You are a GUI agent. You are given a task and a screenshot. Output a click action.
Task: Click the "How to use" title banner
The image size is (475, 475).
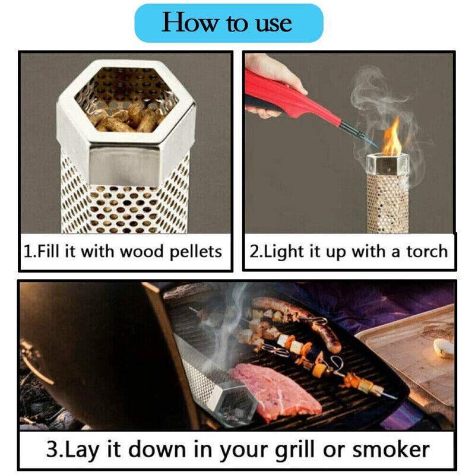228,23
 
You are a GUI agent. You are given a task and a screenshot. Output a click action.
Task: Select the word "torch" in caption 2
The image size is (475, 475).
427,252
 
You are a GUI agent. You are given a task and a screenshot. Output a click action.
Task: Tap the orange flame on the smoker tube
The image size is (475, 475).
391,140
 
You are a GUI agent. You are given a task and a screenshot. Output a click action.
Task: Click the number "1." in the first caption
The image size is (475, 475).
30,252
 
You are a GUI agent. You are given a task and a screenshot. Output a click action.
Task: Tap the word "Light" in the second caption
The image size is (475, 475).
281,252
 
